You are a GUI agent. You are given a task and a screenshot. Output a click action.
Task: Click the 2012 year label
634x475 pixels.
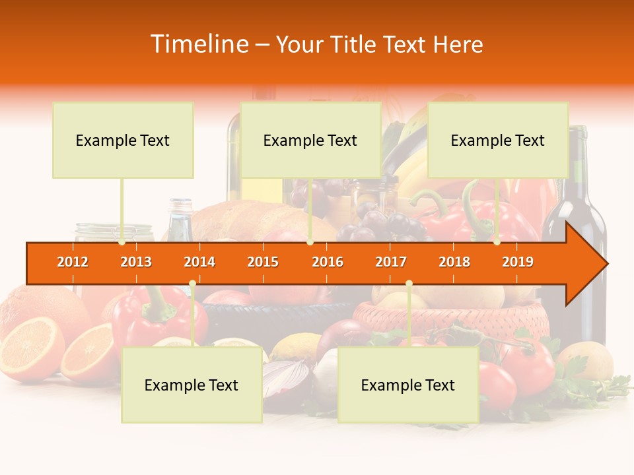pos(73,262)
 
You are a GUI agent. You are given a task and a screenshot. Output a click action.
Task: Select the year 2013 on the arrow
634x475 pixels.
pos(136,262)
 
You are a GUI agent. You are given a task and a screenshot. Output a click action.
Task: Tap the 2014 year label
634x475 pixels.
pos(199,262)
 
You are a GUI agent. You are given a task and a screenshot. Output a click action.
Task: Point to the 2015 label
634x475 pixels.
pos(263,262)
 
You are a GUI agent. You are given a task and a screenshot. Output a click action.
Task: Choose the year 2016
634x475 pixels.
pos(328,262)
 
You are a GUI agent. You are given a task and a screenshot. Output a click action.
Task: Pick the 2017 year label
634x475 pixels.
pos(391,262)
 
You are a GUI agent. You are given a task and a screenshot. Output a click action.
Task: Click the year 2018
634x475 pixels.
pos(454,262)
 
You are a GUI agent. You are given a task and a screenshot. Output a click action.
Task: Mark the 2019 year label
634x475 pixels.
pos(518,262)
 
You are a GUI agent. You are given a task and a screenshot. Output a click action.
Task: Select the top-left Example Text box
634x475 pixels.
pos(123,140)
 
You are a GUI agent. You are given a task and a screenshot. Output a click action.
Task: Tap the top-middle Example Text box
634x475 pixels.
pos(310,140)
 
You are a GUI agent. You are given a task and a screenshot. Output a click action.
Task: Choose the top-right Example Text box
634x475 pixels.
pos(498,140)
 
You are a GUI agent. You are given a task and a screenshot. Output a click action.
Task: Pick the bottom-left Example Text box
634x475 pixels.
pos(192,385)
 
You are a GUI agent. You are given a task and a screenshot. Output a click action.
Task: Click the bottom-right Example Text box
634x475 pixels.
pos(408,385)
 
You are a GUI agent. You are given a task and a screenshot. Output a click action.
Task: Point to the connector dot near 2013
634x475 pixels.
pos(122,242)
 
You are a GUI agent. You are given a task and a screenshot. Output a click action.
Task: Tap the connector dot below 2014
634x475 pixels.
pos(192,284)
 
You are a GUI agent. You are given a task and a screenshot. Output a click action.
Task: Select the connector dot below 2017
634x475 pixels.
pos(409,284)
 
